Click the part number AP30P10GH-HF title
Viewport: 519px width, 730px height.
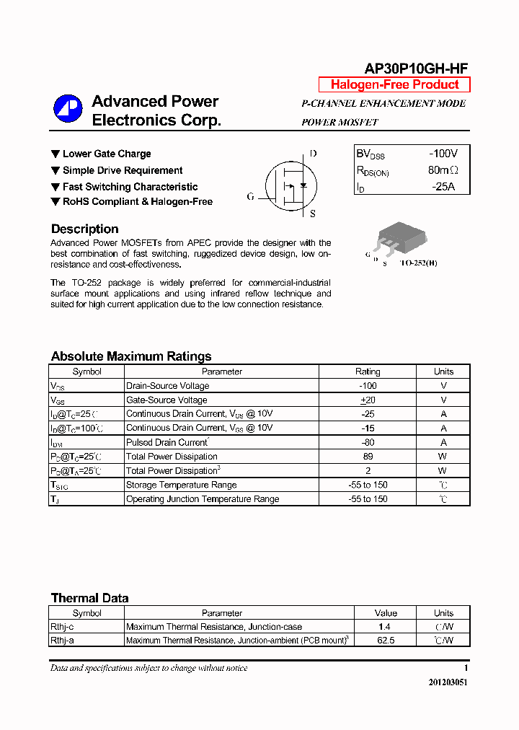(x=416, y=69)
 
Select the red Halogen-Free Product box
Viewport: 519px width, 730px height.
(x=394, y=84)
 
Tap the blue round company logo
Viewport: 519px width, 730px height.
(x=68, y=109)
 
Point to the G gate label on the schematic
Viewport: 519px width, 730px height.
(x=250, y=196)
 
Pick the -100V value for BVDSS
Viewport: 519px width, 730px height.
(x=443, y=154)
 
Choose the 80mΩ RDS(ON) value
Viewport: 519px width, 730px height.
(x=443, y=170)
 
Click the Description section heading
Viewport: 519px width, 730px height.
(x=84, y=229)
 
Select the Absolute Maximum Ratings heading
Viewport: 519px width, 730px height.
(x=131, y=356)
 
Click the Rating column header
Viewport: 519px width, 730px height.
(x=368, y=371)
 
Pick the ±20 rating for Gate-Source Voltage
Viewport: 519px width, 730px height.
(x=368, y=400)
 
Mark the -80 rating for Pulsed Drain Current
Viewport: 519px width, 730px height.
(x=368, y=442)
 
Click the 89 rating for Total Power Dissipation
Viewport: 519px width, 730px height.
(x=368, y=457)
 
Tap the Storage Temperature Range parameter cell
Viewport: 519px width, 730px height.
(x=182, y=485)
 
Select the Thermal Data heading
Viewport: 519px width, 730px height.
(x=89, y=598)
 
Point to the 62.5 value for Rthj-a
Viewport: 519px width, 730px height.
(x=386, y=640)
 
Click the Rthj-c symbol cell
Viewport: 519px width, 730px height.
(x=62, y=627)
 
